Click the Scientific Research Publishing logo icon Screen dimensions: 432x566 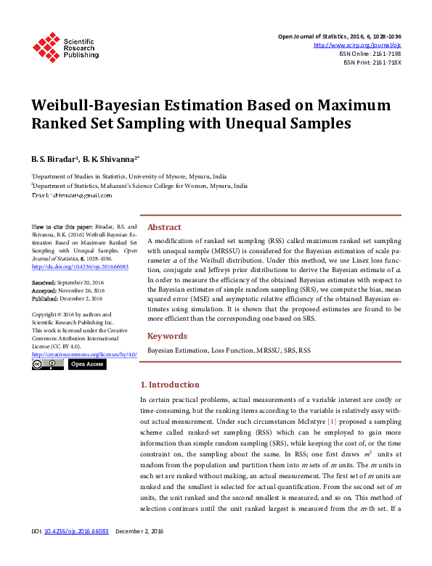[45, 47]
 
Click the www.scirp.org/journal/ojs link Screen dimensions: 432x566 [357, 45]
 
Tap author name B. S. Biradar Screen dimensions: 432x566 [54, 157]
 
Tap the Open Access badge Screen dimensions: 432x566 [88, 364]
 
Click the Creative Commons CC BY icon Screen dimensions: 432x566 [48, 364]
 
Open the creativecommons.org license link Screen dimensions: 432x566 [84, 354]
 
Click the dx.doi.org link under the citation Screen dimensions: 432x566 [80, 266]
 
